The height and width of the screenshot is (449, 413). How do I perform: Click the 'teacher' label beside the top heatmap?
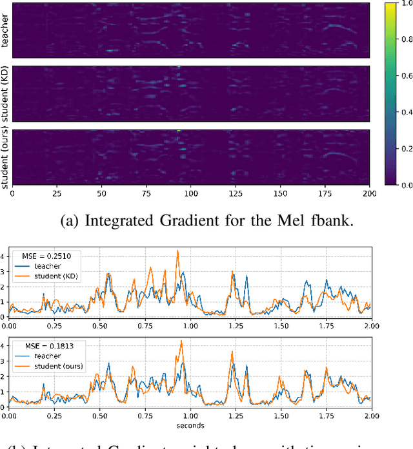[x=5, y=32]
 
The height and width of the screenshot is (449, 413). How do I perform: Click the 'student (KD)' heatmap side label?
[x=5, y=94]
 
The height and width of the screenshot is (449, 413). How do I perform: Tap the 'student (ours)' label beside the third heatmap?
[x=5, y=157]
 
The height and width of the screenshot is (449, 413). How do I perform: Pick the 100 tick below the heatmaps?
[x=191, y=193]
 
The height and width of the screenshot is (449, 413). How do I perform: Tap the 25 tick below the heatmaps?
[x=56, y=193]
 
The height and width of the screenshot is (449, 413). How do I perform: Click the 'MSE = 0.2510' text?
[x=47, y=255]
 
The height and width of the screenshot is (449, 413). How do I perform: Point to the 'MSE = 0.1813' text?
[x=47, y=346]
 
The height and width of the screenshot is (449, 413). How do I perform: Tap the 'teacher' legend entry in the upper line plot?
[x=49, y=266]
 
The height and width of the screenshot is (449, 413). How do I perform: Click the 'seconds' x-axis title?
[x=190, y=425]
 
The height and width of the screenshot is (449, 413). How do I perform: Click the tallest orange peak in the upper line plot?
[x=177, y=251]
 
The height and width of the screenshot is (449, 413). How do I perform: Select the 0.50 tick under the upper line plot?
[x=100, y=326]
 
